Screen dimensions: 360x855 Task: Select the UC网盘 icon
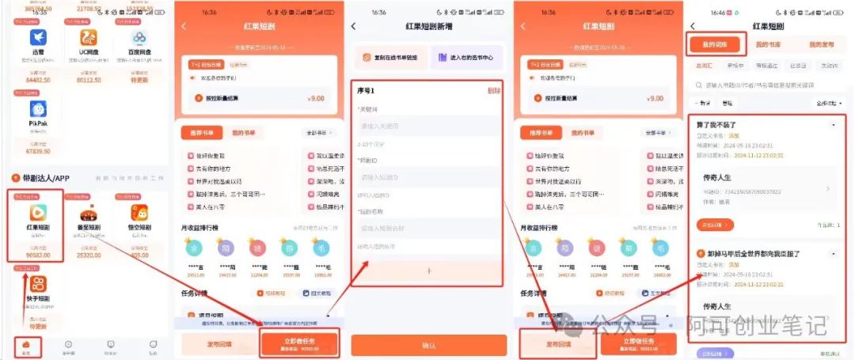(89, 37)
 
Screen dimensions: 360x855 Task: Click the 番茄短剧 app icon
(89, 214)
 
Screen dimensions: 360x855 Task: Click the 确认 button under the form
(428, 345)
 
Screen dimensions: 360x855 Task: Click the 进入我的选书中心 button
(467, 58)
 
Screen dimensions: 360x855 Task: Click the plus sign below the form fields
(428, 271)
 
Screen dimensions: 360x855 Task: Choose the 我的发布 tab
(821, 45)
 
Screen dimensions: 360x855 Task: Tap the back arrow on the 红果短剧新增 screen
(354, 26)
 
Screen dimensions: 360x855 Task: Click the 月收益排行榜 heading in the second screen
(203, 228)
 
